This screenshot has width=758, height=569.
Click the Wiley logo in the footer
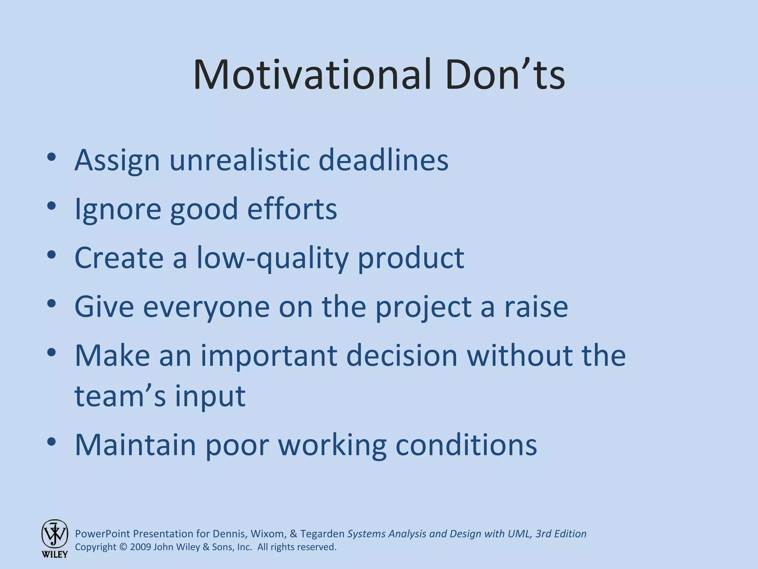54,538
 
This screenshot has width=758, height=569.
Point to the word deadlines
383,160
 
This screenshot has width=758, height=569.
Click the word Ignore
118,209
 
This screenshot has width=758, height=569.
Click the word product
411,258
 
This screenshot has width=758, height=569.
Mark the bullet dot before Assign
51,157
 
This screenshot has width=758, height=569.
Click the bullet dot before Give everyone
51,304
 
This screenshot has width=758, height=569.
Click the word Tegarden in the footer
322,534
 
